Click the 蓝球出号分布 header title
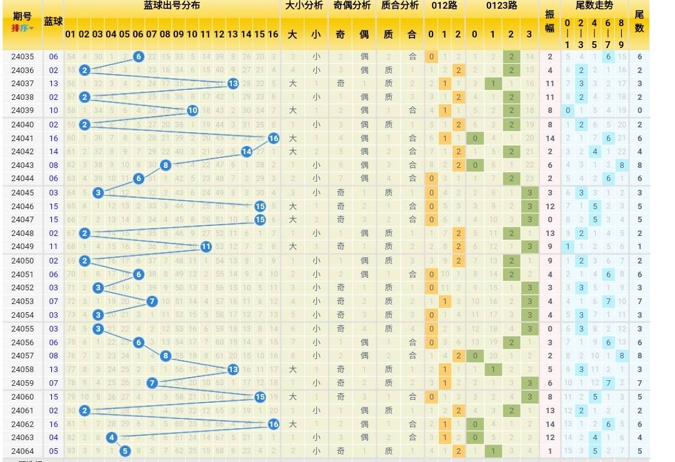pyautogui.click(x=171, y=6)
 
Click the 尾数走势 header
pyautogui.click(x=594, y=6)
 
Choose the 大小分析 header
pyautogui.click(x=304, y=6)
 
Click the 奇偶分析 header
pyautogui.click(x=352, y=6)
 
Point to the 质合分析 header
pyautogui.click(x=400, y=6)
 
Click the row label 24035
pyautogui.click(x=22, y=57)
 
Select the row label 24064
pyautogui.click(x=22, y=451)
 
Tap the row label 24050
pyautogui.click(x=22, y=261)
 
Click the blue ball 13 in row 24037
pyautogui.click(x=232, y=84)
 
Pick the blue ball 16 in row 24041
pyautogui.click(x=273, y=138)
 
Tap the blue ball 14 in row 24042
pyautogui.click(x=246, y=152)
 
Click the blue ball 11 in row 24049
pyautogui.click(x=206, y=247)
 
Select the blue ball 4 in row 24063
pyautogui.click(x=111, y=437)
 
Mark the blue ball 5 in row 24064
pyautogui.click(x=124, y=451)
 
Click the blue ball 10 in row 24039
pyautogui.click(x=192, y=111)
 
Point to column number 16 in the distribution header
pyautogui.click(x=273, y=34)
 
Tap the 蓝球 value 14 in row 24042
pyautogui.click(x=54, y=152)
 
